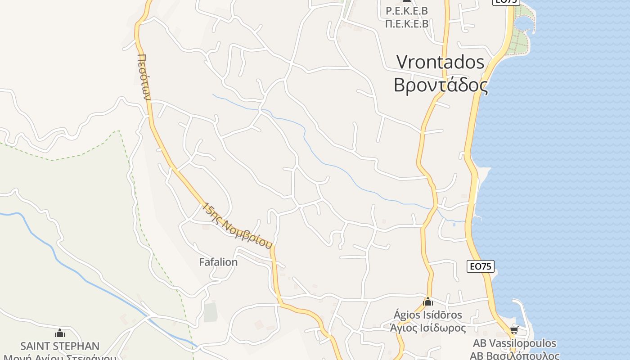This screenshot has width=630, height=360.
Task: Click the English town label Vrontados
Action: click(x=440, y=62)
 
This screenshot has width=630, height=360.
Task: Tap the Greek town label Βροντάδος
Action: click(x=440, y=85)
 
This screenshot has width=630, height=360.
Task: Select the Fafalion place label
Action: click(x=218, y=262)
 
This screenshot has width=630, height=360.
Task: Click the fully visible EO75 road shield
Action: click(x=480, y=266)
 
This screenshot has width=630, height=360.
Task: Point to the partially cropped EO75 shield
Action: click(x=506, y=2)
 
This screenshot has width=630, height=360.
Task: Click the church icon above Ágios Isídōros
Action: click(x=427, y=301)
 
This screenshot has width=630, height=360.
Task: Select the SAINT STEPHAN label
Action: click(x=60, y=346)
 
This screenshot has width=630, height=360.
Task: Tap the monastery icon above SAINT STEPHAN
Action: click(x=60, y=333)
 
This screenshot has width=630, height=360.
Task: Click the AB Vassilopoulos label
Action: click(x=514, y=344)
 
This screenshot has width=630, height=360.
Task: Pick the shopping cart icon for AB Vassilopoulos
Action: click(x=514, y=331)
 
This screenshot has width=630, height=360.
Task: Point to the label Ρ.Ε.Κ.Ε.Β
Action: click(x=407, y=11)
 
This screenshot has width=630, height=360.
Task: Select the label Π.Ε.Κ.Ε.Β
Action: click(x=407, y=24)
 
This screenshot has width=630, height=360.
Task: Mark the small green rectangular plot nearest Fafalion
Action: click(x=211, y=312)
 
